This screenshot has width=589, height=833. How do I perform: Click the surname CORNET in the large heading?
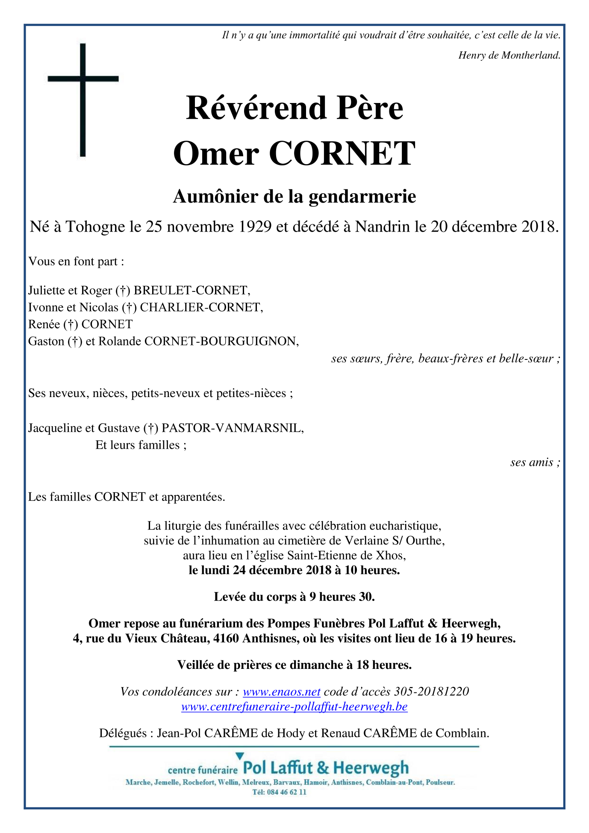point(342,153)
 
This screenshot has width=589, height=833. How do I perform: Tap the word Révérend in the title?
point(256,108)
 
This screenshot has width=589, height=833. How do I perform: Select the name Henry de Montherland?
point(509,55)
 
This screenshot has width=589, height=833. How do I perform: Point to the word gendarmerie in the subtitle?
point(362,196)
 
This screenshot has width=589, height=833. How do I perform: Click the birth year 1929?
point(255,227)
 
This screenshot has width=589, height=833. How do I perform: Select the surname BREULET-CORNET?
point(191,291)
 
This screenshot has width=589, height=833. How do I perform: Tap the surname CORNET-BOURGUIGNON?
point(220,341)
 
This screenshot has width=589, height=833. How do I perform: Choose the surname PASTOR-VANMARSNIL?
point(232,428)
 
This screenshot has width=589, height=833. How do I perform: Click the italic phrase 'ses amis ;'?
point(535,462)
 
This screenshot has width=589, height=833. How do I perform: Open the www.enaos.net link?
point(281,692)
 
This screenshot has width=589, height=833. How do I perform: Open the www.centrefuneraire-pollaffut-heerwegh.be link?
point(294,706)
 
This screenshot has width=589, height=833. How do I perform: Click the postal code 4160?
point(226,639)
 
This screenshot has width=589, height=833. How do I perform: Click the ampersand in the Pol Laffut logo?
point(323,768)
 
